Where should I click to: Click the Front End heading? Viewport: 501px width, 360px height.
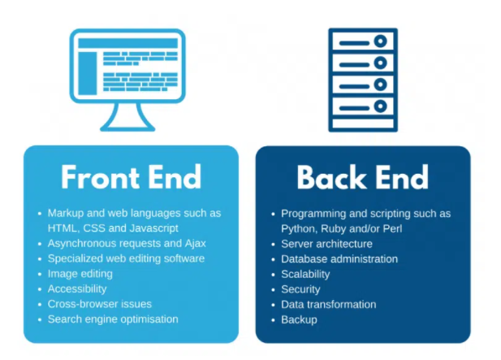(131, 177)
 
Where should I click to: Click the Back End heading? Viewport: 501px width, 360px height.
(363, 177)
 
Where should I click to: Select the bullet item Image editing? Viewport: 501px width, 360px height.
(80, 274)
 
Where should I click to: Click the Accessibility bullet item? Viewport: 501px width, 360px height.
(77, 288)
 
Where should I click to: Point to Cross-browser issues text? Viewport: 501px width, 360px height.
(100, 304)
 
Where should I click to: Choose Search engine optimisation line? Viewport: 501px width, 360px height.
(113, 319)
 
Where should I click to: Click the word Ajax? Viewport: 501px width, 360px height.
(195, 244)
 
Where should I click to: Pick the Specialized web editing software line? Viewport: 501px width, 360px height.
(126, 258)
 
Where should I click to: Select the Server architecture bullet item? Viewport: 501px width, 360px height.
(326, 244)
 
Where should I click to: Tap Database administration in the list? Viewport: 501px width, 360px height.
(339, 259)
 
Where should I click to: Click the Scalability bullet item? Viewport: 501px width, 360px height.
(305, 274)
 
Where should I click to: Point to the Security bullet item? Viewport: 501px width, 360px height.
(300, 289)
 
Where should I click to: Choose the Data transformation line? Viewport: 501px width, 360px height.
(329, 305)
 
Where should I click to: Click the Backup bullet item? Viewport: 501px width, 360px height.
(299, 319)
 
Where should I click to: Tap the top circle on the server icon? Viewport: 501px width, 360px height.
(380, 41)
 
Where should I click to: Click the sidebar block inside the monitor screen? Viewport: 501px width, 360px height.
(87, 73)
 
